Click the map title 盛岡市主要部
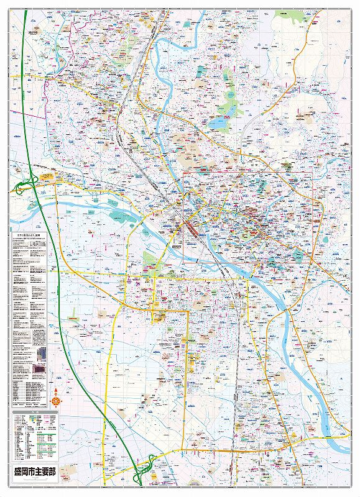tap(34, 472)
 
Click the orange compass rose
tap(56, 401)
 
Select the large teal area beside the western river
tap(118, 217)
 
